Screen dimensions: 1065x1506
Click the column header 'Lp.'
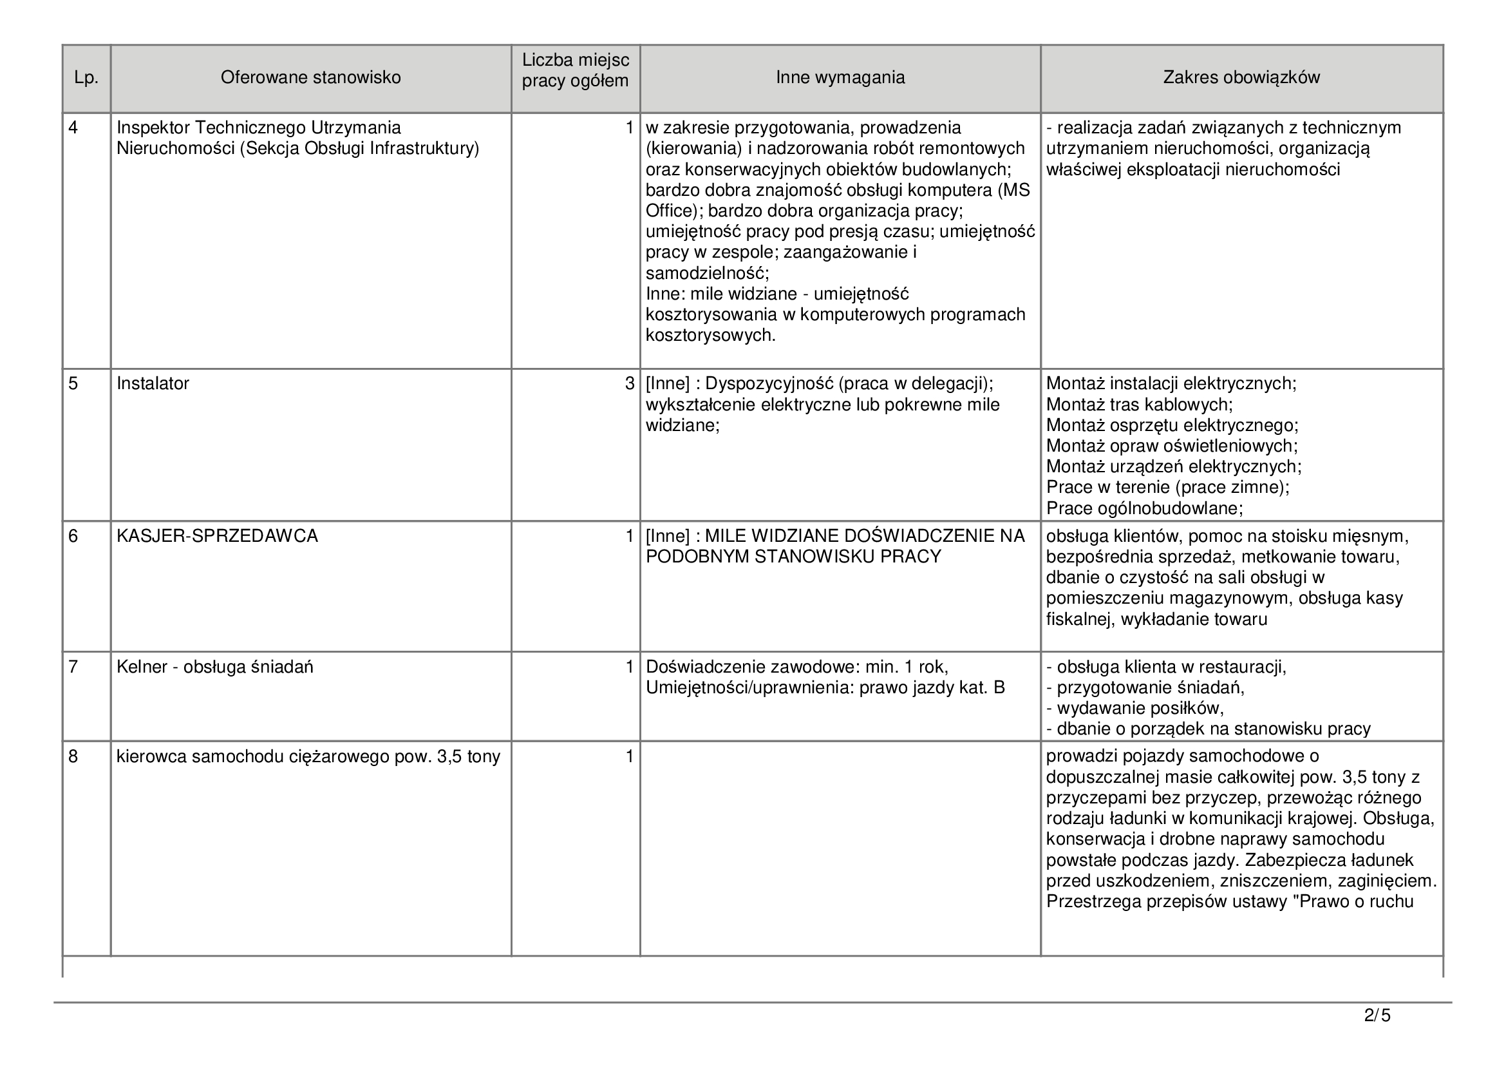pyautogui.click(x=86, y=78)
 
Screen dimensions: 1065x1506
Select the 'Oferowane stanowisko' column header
pyautogui.click(x=310, y=77)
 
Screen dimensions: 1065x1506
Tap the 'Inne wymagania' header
pyautogui.click(x=840, y=77)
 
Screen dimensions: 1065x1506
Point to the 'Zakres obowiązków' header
pyautogui.click(x=1241, y=77)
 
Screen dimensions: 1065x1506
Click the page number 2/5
pyautogui.click(x=1377, y=1016)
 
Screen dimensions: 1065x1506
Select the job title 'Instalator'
pyautogui.click(x=153, y=384)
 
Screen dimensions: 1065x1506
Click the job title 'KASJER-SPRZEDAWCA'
pyautogui.click(x=217, y=536)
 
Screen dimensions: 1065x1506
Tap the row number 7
pyautogui.click(x=73, y=667)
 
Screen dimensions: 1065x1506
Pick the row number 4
pyautogui.click(x=73, y=128)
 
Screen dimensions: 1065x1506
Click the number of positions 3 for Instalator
pyautogui.click(x=629, y=384)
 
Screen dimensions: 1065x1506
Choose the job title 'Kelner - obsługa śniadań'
pyautogui.click(x=214, y=667)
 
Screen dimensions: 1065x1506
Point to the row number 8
pyautogui.click(x=73, y=757)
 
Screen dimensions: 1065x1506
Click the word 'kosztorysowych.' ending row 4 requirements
pyautogui.click(x=710, y=335)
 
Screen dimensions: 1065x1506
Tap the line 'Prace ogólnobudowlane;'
pyautogui.click(x=1145, y=508)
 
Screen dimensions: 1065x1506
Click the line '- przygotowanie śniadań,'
pyautogui.click(x=1145, y=687)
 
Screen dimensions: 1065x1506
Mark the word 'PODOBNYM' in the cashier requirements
pyautogui.click(x=697, y=557)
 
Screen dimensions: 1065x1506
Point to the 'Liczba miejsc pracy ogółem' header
pyautogui.click(x=575, y=71)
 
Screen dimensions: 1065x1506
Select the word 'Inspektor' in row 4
pyautogui.click(x=153, y=128)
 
